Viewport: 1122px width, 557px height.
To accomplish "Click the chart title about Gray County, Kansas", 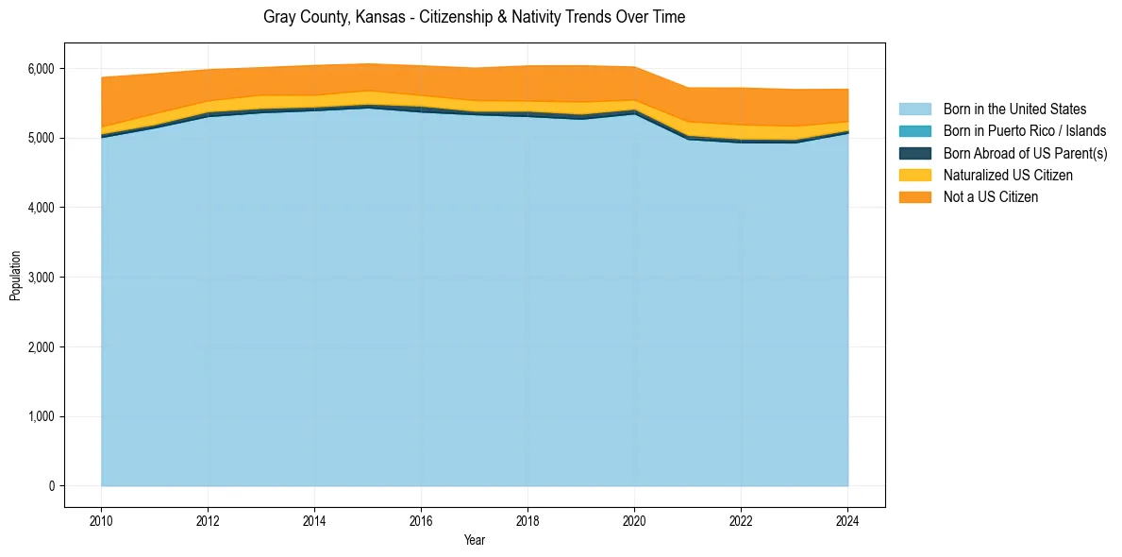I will [x=474, y=17].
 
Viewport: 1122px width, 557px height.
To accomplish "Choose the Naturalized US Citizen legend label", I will [x=1008, y=175].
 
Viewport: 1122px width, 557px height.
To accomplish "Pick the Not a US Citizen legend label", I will [x=991, y=197].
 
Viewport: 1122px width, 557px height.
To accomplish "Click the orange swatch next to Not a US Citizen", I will [x=914, y=197].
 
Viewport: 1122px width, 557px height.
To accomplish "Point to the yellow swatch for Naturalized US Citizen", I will [x=914, y=175].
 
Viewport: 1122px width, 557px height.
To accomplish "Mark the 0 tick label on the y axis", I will [x=52, y=486].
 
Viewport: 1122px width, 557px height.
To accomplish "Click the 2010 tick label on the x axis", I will [x=101, y=520].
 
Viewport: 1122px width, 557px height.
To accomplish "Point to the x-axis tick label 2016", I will [x=421, y=520].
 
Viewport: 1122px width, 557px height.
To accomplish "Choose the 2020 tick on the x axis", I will [x=634, y=520].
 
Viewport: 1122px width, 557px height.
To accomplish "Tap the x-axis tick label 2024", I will [x=847, y=520].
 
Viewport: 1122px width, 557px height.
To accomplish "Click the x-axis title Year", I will [x=475, y=540].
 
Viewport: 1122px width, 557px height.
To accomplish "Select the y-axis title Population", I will [x=15, y=276].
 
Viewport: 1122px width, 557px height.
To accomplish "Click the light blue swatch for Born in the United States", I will [x=914, y=110].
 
